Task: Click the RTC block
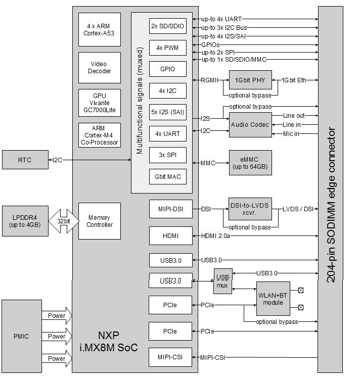click(x=25, y=160)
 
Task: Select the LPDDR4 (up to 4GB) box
click(x=24, y=221)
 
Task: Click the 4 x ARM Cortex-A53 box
click(x=100, y=30)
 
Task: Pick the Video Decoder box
click(x=100, y=68)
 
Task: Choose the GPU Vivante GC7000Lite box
click(x=100, y=103)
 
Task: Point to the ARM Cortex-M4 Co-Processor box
click(x=100, y=135)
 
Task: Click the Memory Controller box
click(x=100, y=221)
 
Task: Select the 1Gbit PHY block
click(x=250, y=80)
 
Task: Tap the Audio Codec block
click(x=250, y=124)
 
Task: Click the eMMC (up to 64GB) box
click(x=250, y=163)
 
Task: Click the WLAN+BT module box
click(x=273, y=299)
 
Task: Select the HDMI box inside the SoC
click(x=170, y=235)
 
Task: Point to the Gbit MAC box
click(x=170, y=176)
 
